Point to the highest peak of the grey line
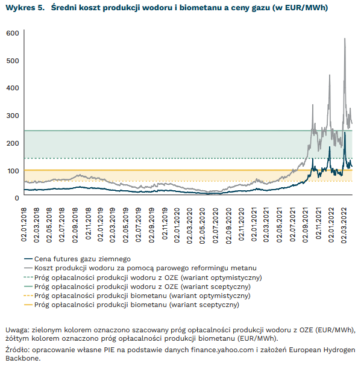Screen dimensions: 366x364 pyautogui.click(x=345, y=39)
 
